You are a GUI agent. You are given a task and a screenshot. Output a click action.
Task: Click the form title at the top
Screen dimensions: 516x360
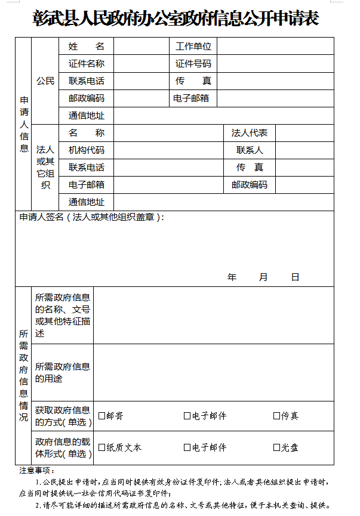coord(176,19)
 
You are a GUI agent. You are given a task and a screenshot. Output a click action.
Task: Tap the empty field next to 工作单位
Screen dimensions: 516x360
coord(275,47)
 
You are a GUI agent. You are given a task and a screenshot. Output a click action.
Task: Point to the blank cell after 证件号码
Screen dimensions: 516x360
coord(275,64)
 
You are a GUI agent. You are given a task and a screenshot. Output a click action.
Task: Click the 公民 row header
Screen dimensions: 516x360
coord(45,81)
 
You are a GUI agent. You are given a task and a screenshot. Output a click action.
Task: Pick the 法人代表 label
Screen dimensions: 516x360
coord(249,133)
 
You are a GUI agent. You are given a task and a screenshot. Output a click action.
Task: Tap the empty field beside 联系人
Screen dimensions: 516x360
coord(304,150)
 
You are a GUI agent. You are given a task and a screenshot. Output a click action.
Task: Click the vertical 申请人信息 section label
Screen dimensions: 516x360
coord(23,124)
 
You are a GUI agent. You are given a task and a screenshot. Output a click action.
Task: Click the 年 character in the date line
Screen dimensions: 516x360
coord(232,277)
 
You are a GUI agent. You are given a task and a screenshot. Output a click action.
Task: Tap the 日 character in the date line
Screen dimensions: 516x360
coord(295,277)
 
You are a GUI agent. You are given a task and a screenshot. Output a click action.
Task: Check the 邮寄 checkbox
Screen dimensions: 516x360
coord(102,416)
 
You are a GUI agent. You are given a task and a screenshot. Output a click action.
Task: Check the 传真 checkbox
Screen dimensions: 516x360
coord(276,416)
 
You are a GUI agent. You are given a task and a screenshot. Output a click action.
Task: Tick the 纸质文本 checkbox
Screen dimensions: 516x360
coord(102,447)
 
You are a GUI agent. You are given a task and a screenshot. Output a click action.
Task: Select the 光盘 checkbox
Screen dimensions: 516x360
coord(276,447)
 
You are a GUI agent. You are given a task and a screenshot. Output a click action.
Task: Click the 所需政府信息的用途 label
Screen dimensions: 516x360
coord(62,372)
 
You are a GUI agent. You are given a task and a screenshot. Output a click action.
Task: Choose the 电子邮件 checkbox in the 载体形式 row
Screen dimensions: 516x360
coord(187,447)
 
